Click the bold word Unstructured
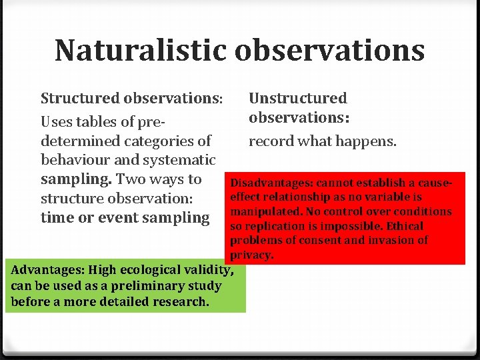pos(297,99)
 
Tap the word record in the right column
pos(271,141)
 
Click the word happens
pos(370,141)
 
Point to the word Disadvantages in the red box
pos(271,183)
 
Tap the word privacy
pos(251,255)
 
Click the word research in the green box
pos(180,301)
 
